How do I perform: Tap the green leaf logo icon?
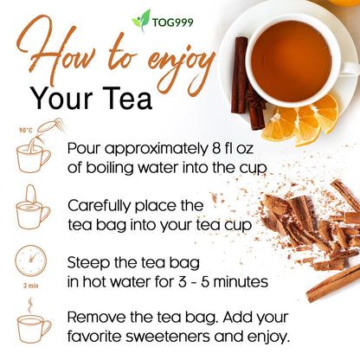click(141, 18)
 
